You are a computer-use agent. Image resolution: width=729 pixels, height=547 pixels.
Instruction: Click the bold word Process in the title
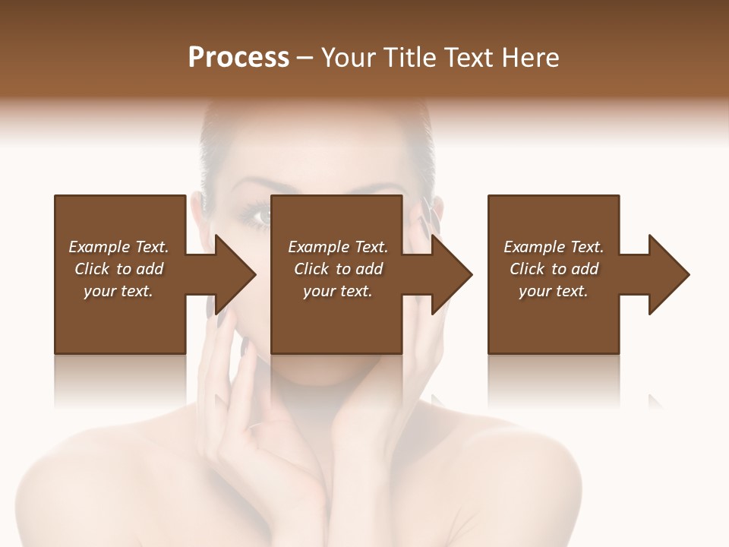[238, 58]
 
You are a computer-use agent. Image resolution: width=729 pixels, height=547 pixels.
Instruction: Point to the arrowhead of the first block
[232, 274]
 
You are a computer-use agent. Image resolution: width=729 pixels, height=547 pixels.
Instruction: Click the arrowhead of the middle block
[450, 274]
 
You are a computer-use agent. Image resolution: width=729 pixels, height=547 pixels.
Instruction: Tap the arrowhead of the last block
[667, 274]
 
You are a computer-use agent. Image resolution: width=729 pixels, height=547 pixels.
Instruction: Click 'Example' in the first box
[99, 247]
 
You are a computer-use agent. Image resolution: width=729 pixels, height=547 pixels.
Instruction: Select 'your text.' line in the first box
[118, 291]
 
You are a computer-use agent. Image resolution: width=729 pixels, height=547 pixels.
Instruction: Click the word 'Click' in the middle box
[311, 269]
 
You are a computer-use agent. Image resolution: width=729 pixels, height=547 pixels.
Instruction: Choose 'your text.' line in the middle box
[338, 291]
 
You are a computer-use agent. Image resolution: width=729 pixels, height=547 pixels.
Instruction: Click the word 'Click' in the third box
[526, 269]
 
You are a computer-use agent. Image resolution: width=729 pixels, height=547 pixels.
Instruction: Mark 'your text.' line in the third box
[554, 291]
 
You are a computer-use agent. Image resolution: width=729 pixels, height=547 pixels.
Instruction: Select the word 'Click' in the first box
[91, 269]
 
